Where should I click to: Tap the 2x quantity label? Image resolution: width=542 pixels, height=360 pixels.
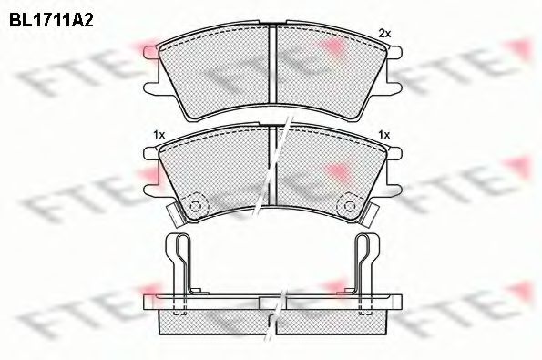coord(383,34)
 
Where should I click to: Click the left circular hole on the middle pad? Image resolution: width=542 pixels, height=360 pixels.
coord(195,203)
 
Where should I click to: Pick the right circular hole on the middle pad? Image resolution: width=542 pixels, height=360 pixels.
coord(346,203)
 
